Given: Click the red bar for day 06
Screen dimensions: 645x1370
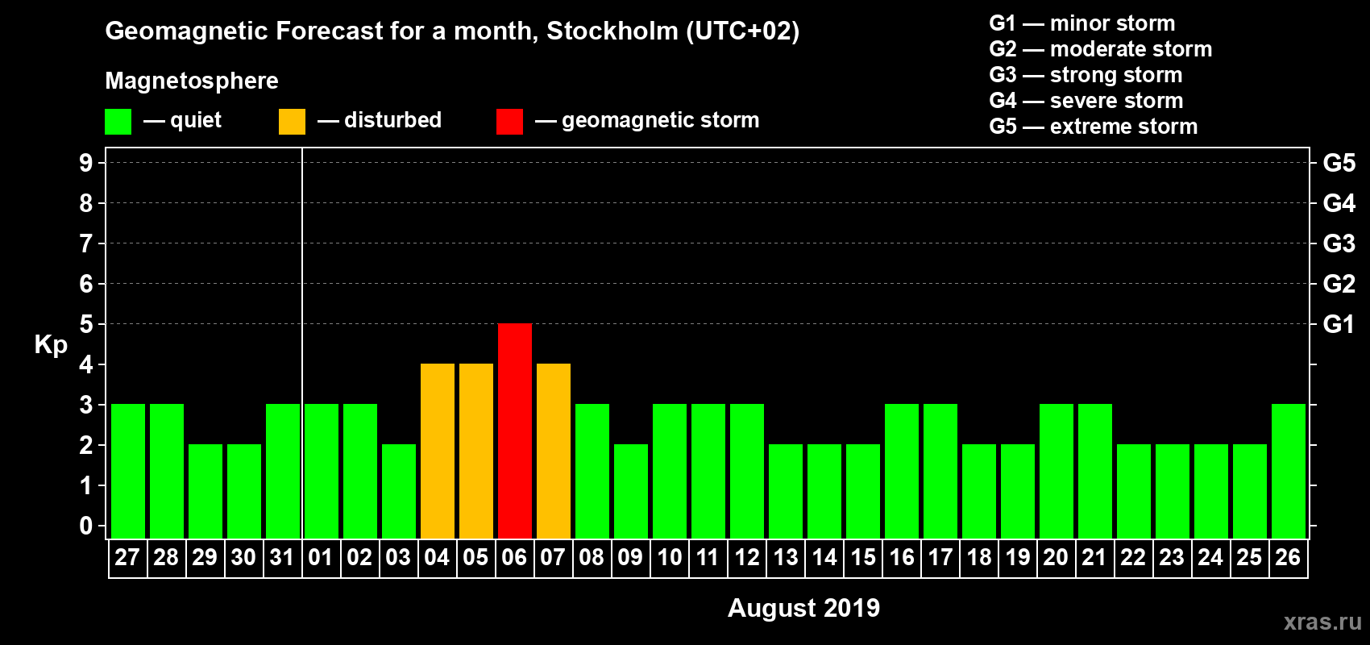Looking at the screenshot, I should point(515,431).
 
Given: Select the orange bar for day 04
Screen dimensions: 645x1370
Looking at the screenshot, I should point(438,451).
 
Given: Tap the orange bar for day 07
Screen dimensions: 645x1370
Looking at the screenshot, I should point(554,451).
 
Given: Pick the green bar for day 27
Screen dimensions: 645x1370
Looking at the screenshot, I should point(128,471).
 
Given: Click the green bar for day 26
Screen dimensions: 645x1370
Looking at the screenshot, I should point(1289,471).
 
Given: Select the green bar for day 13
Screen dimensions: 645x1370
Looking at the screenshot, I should point(786,491).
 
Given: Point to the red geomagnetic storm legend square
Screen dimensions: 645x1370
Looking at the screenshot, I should point(509,122).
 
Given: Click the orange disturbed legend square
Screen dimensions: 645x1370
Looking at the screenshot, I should point(292,122).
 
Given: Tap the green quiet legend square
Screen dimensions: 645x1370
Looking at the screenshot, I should point(118,122).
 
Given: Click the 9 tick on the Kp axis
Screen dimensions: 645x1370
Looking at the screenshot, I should point(86,163).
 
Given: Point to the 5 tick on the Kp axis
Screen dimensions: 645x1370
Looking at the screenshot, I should point(86,324).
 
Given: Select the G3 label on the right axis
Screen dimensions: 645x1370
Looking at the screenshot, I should point(1339,243).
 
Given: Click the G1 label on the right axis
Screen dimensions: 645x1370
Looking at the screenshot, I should point(1339,324).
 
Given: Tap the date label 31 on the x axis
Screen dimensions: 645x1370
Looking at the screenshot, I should point(282,557).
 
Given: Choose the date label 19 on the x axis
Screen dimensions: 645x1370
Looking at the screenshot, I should point(1017,557).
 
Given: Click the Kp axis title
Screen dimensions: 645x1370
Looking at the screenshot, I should point(51,345).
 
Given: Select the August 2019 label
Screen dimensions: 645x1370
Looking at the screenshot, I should point(803,608).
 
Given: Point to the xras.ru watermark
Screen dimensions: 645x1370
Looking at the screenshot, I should point(1322,622).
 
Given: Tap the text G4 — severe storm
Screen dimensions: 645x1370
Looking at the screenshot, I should point(1086,101).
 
